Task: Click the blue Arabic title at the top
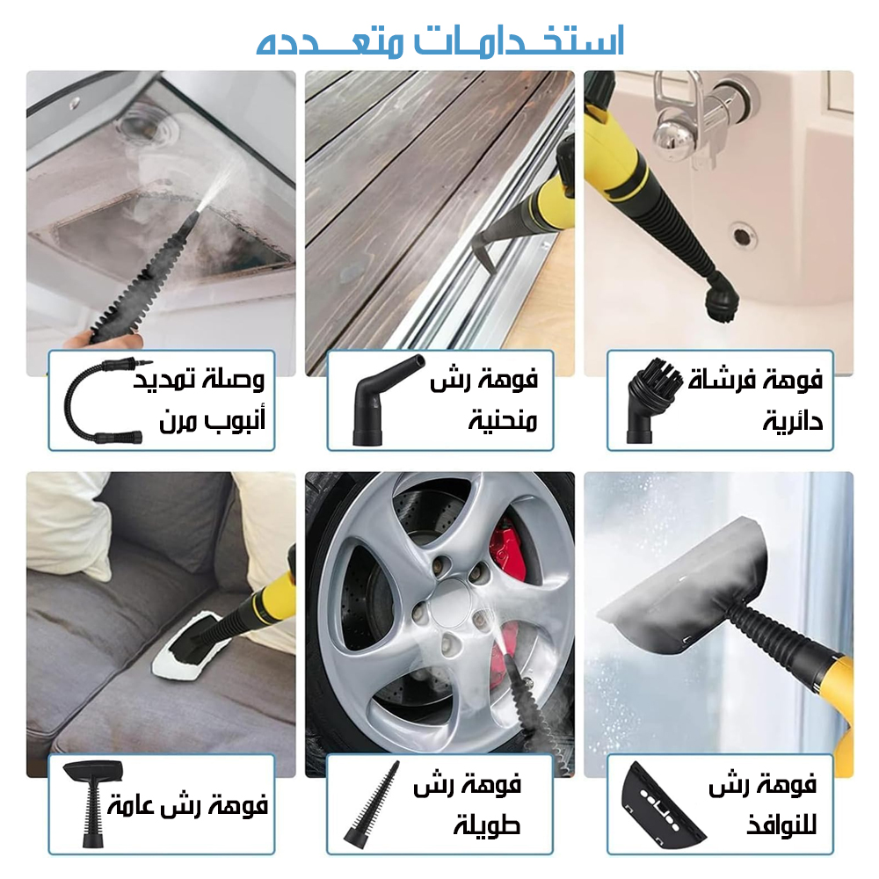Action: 440,41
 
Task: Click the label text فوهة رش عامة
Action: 187,805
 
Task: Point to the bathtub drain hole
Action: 743,236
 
